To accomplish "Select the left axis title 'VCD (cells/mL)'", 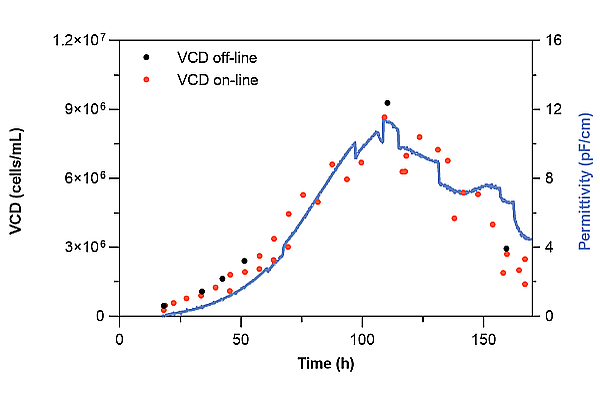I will (x=17, y=179).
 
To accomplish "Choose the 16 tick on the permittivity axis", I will (x=549, y=40).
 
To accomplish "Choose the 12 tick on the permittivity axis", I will (x=549, y=109).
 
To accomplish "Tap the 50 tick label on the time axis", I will (x=241, y=338).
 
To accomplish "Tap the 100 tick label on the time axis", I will (x=362, y=338).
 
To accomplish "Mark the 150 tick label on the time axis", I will (x=483, y=338).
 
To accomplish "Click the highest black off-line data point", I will (x=387, y=103).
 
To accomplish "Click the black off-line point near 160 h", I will (x=506, y=249).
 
